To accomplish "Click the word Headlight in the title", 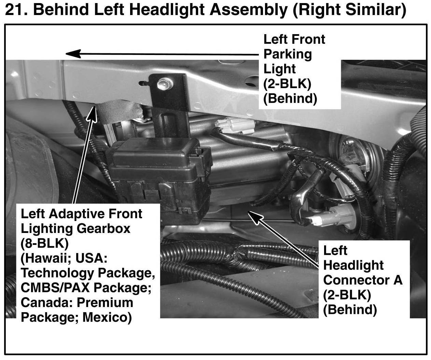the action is pos(167,10).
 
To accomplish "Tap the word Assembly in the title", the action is pos(249,10).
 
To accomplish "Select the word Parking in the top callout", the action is pos(288,54).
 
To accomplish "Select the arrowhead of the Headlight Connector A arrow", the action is pos(255,217).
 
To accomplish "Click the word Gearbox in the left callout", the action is pos(103,229).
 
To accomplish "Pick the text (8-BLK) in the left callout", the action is pos(45,244).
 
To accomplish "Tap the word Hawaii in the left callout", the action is pos(46,259).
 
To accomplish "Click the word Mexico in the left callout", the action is pos(107,318).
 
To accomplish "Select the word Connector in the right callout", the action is pos(356,280).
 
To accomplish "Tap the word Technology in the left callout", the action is pos(58,273).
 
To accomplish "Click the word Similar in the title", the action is pos(370,10).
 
